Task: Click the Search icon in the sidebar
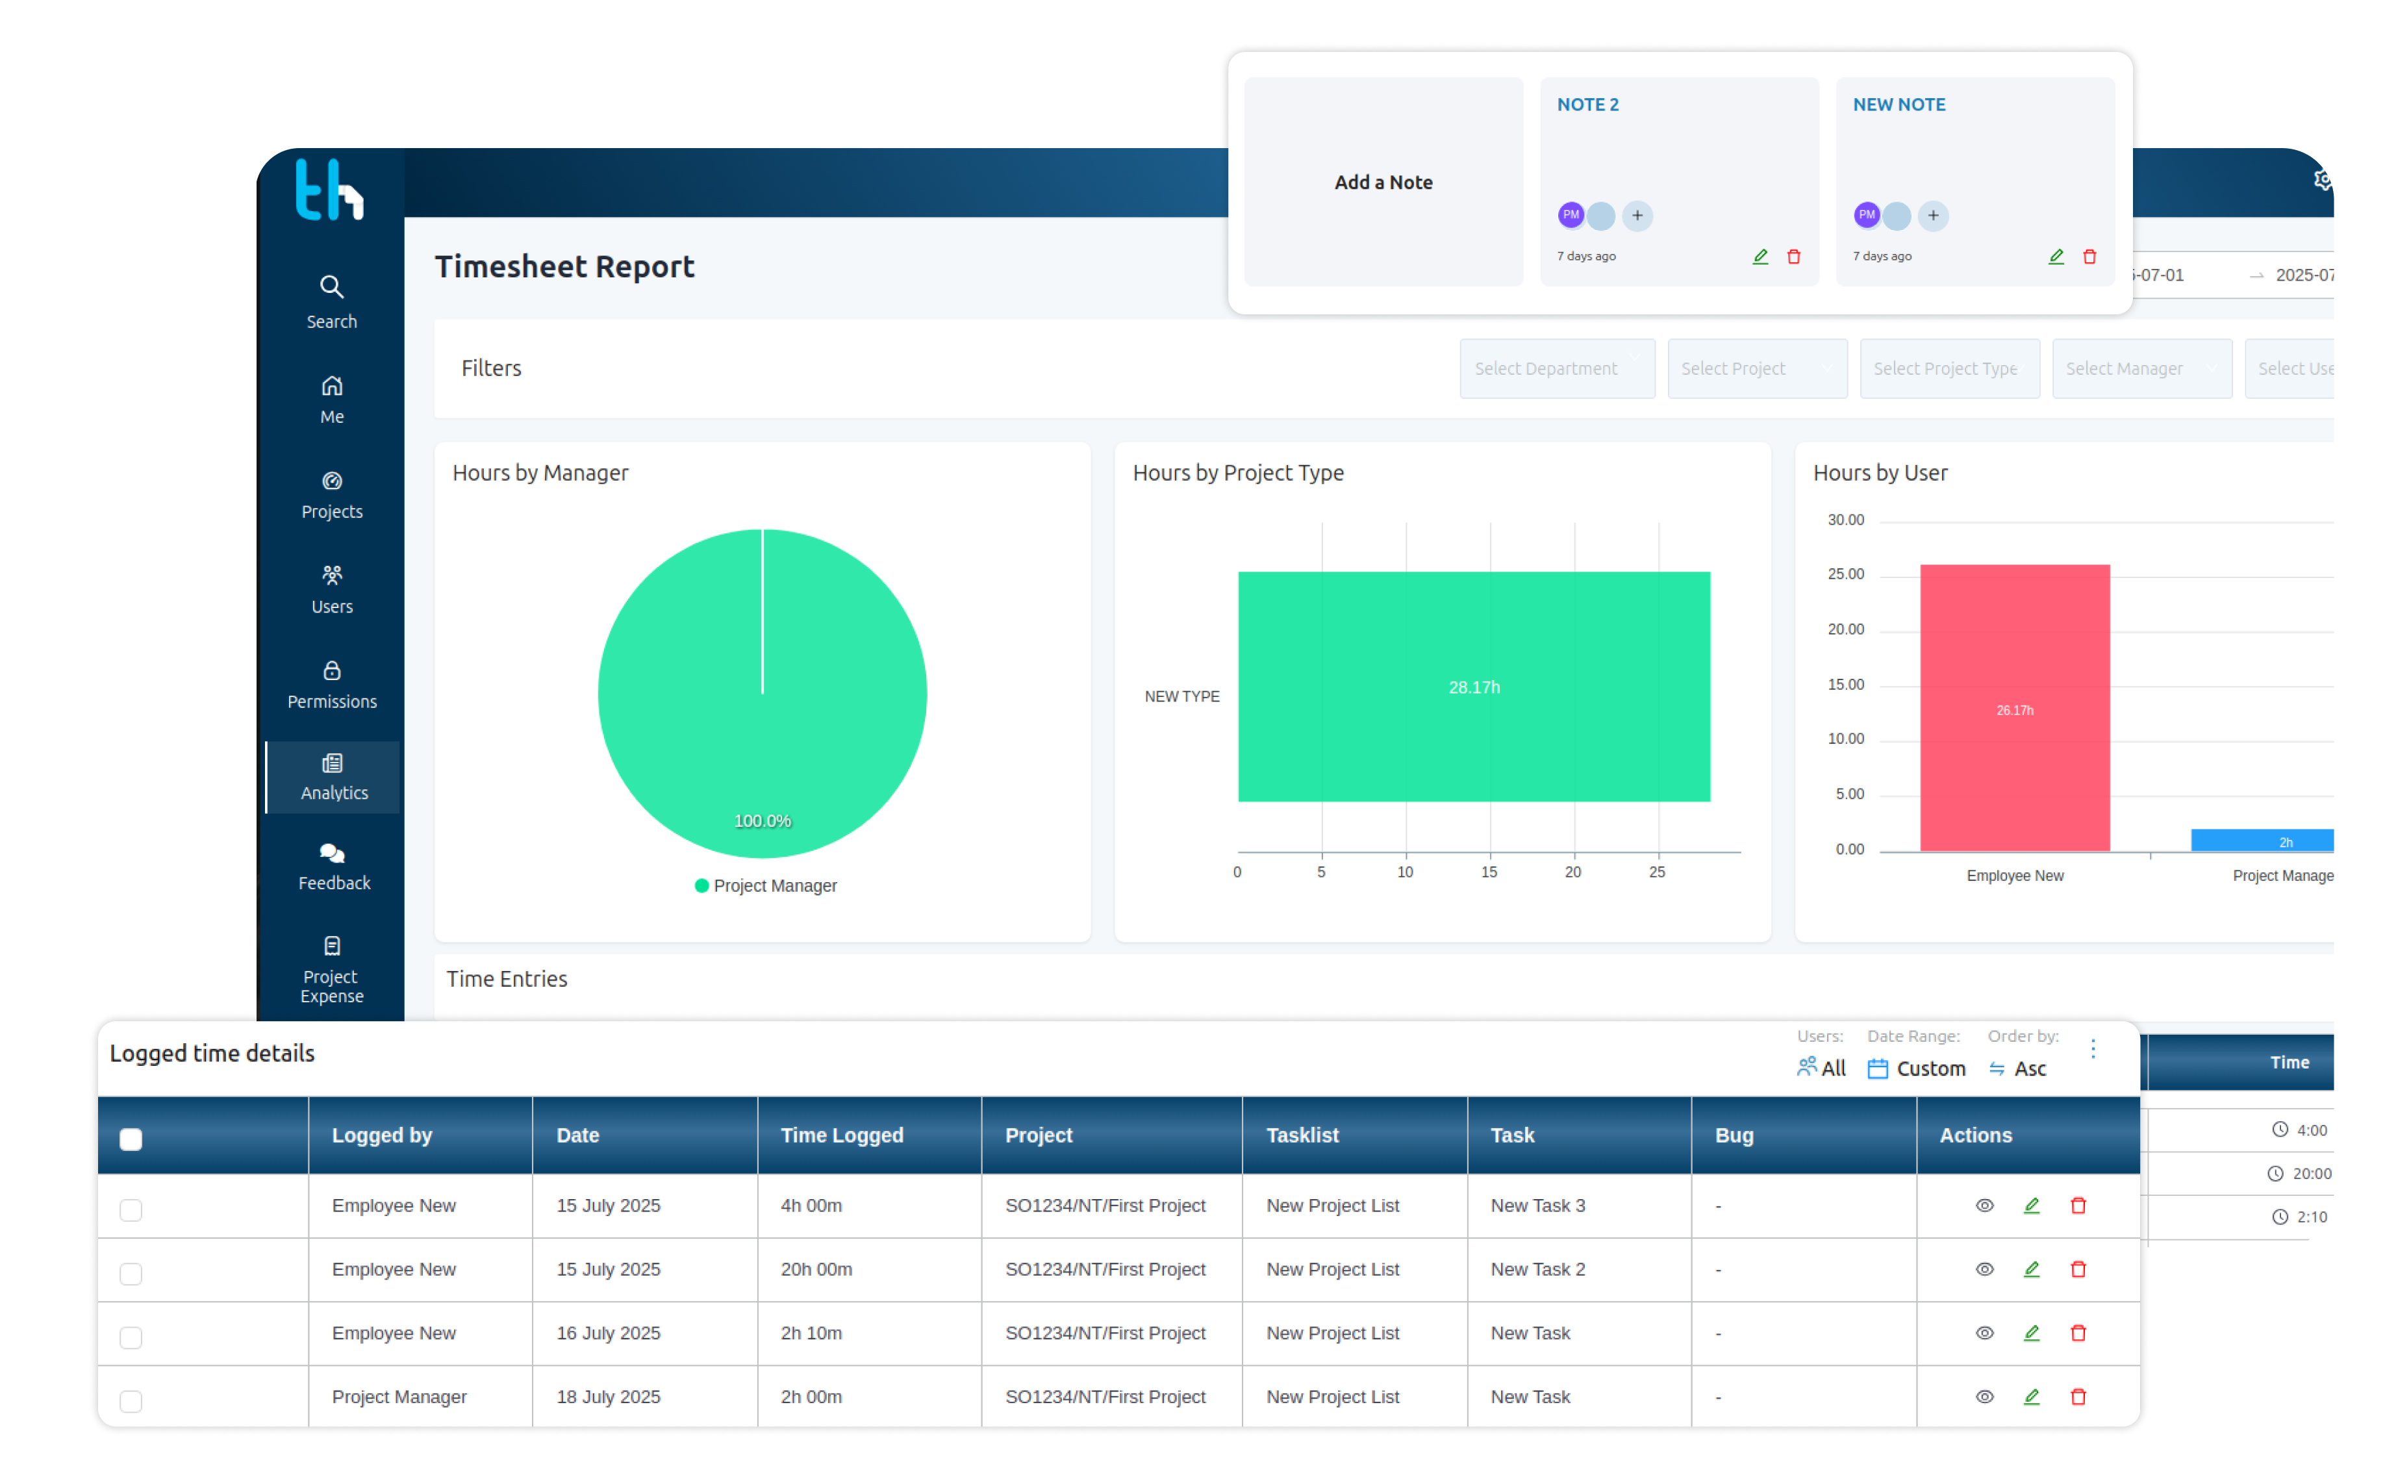(x=332, y=287)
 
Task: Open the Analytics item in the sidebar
(x=333, y=777)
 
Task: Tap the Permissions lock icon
(x=332, y=671)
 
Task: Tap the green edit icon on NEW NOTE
(x=2055, y=257)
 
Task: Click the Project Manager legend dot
(x=701, y=885)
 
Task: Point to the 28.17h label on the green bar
(x=1474, y=687)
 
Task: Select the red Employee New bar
(x=2014, y=708)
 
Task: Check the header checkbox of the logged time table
(x=131, y=1139)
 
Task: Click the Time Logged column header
(x=842, y=1135)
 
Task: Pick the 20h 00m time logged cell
(x=816, y=1269)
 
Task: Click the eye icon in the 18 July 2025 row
(x=1984, y=1396)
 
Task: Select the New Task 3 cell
(x=1537, y=1205)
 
